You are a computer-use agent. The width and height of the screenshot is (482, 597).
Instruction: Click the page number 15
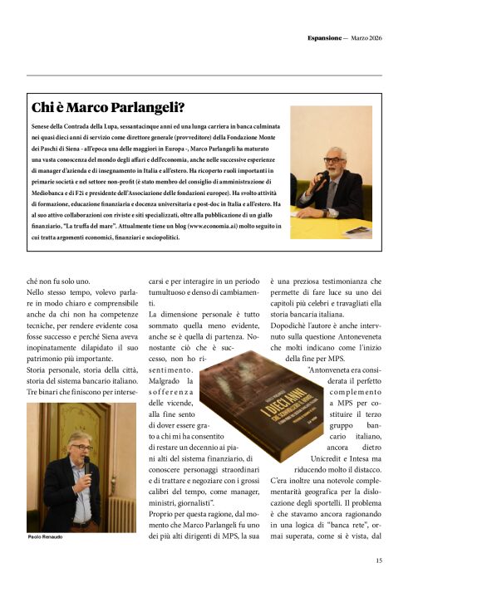(x=378, y=560)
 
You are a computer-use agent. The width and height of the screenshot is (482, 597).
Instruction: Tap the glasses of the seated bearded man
(x=334, y=159)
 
